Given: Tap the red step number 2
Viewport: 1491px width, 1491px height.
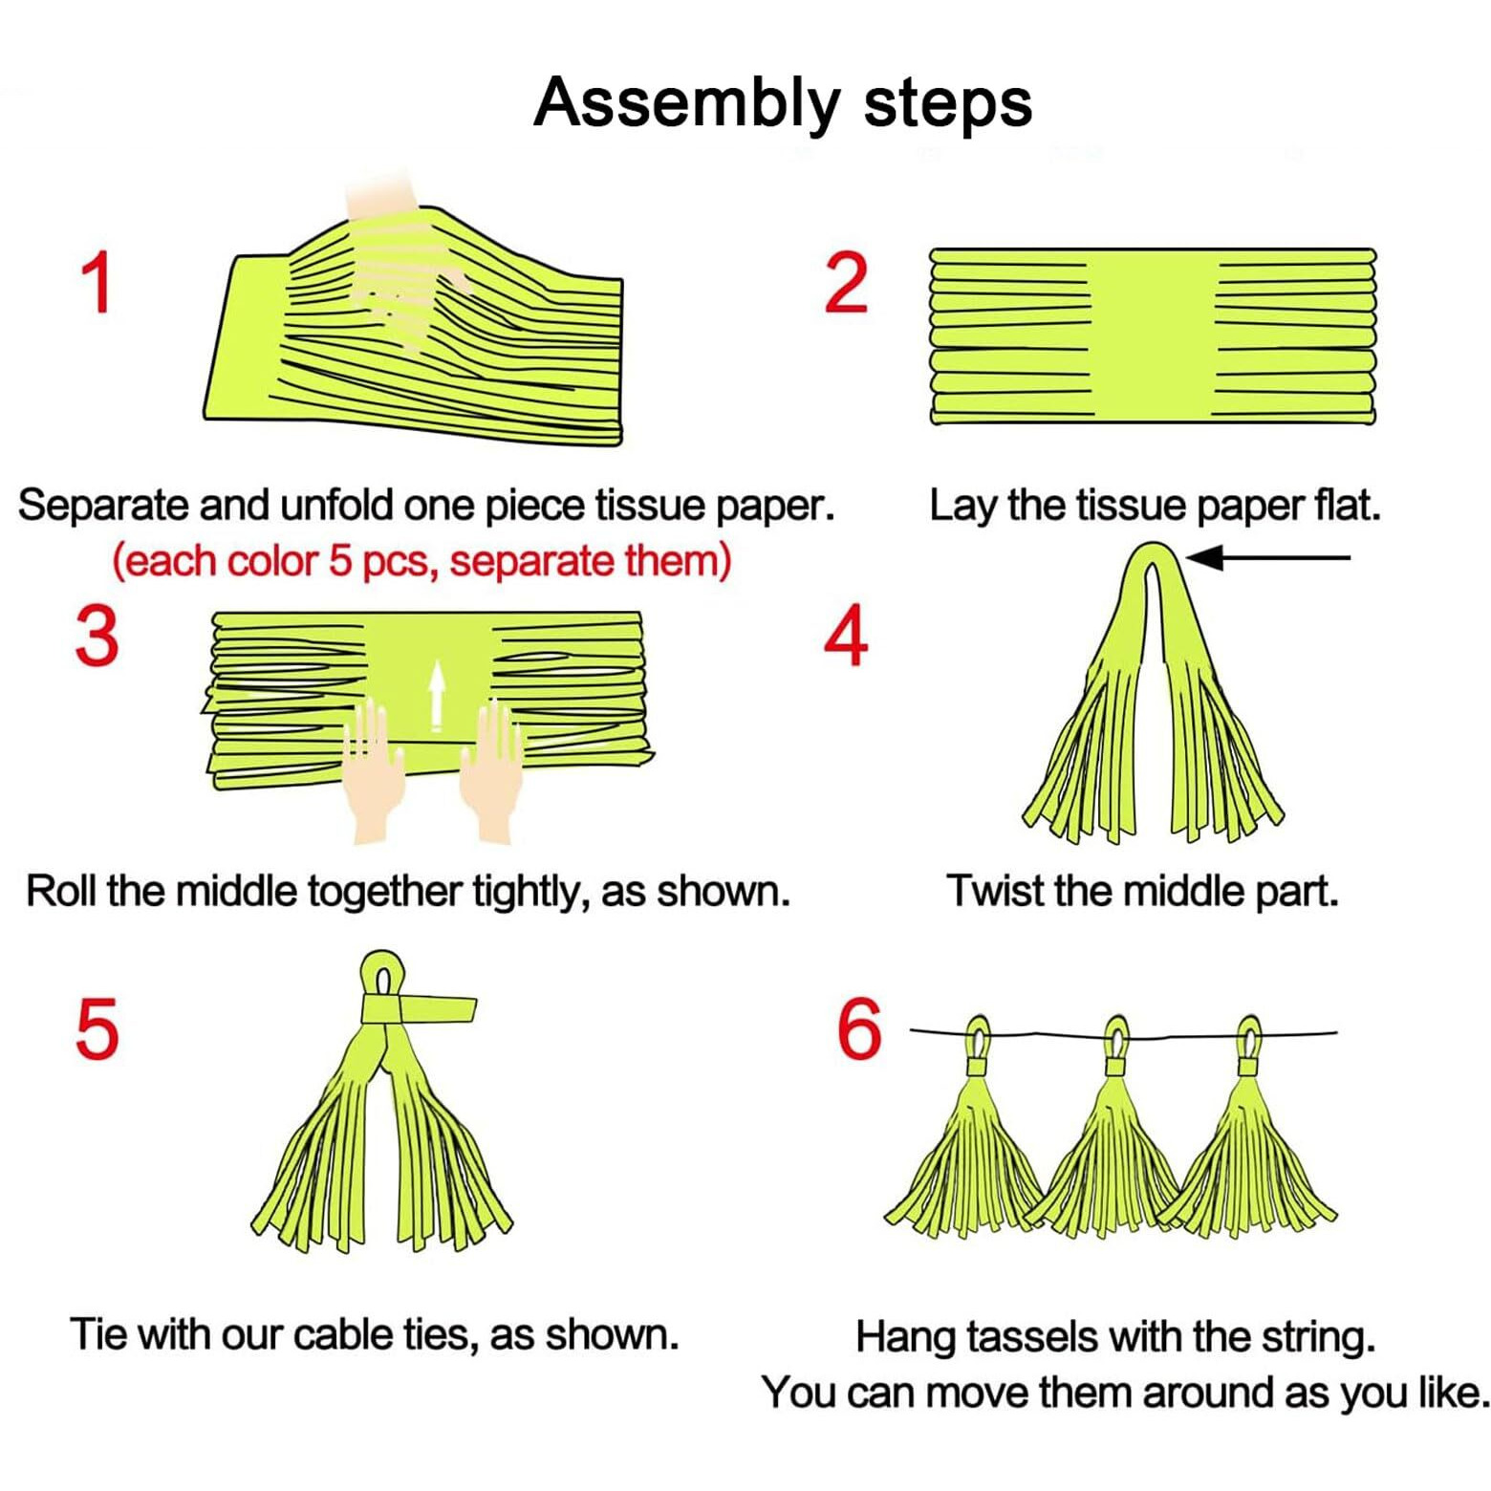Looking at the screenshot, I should pyautogui.click(x=847, y=283).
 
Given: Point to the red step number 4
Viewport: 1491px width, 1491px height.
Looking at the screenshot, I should pyautogui.click(x=847, y=636).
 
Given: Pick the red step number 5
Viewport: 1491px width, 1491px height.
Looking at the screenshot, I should pyautogui.click(x=97, y=1028).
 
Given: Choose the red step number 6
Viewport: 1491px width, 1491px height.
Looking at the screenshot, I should pyautogui.click(x=859, y=1028).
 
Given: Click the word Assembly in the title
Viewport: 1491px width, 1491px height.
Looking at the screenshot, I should pyautogui.click(x=686, y=102).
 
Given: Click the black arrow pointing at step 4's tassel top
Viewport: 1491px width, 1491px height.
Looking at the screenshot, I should pyautogui.click(x=1266, y=557).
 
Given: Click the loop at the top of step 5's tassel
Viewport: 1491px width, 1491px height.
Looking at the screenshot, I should pyautogui.click(x=383, y=975).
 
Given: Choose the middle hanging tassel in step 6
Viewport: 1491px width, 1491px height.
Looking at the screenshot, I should pyautogui.click(x=1113, y=1147).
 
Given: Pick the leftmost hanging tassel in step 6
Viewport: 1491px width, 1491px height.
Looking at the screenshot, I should pyautogui.click(x=967, y=1147).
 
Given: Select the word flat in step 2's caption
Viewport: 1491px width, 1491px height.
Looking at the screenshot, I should pyautogui.click(x=1347, y=505).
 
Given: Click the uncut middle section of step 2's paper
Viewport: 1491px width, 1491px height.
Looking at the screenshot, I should pyautogui.click(x=1154, y=335).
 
